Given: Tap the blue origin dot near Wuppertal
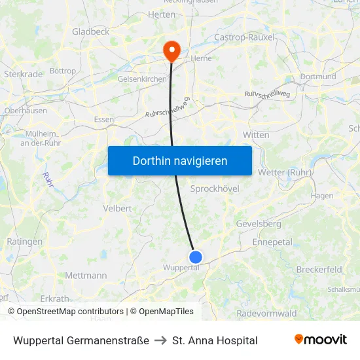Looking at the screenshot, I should pyautogui.click(x=195, y=257).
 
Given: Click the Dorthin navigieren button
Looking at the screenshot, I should pyautogui.click(x=180, y=160).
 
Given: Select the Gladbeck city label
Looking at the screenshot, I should pyautogui.click(x=90, y=31).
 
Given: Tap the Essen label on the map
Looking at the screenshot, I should pyautogui.click(x=103, y=119).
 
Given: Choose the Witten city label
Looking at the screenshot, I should pyautogui.click(x=256, y=135).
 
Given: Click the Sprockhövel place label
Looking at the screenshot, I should pyautogui.click(x=214, y=189).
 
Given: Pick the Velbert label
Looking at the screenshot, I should pyautogui.click(x=117, y=208).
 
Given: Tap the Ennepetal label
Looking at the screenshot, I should pyautogui.click(x=272, y=242).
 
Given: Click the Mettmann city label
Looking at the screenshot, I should pyautogui.click(x=86, y=276).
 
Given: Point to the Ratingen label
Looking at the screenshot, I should pyautogui.click(x=24, y=242).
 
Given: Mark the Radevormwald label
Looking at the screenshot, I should pyautogui.click(x=266, y=314).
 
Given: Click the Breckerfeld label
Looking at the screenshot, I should pyautogui.click(x=319, y=269).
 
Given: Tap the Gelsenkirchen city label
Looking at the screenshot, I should pyautogui.click(x=142, y=79).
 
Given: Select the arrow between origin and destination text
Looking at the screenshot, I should pyautogui.click(x=160, y=340).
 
